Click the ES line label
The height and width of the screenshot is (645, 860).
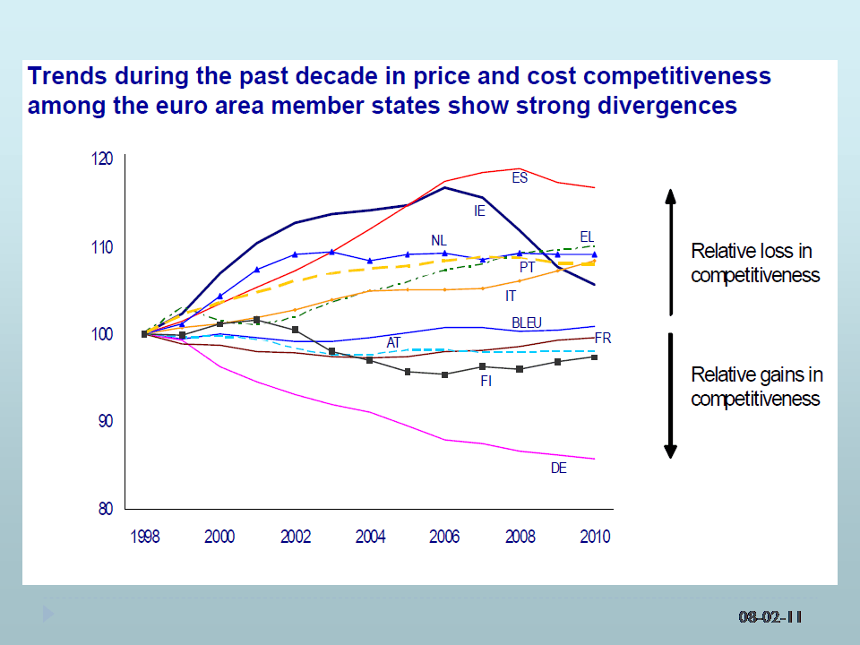520,178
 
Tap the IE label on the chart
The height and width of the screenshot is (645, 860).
480,211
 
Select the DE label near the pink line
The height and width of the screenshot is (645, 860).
558,468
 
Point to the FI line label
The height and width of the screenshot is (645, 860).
486,381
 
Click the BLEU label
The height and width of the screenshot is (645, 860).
527,322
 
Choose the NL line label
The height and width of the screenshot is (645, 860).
438,240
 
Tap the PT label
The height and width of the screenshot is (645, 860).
528,267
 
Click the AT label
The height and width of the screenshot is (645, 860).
394,343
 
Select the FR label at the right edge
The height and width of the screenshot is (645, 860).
603,339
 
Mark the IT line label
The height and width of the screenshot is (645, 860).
511,295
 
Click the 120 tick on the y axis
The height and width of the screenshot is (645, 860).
103,159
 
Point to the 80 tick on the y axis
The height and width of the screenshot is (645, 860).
106,509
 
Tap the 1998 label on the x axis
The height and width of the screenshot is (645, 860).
145,537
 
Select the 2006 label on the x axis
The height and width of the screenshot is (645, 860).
445,537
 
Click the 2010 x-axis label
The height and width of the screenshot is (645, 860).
595,537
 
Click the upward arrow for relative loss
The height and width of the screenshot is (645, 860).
669,251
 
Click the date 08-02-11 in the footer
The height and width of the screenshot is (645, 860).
770,616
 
